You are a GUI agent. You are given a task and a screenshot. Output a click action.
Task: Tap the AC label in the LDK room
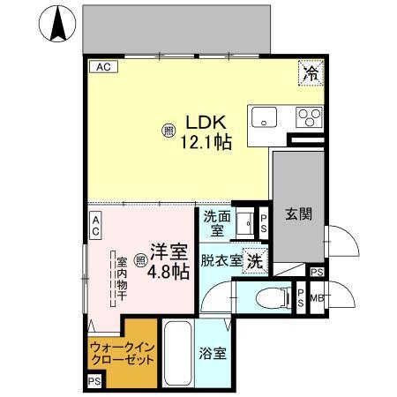tap(101, 67)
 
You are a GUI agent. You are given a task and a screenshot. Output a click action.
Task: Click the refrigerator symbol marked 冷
tap(311, 73)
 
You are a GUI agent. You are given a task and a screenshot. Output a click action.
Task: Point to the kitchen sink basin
tap(265, 116)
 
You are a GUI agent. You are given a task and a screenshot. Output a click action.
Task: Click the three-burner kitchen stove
tap(308, 116)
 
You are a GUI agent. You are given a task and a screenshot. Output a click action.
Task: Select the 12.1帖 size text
tap(206, 141)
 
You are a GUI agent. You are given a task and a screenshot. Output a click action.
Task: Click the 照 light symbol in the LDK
tap(168, 131)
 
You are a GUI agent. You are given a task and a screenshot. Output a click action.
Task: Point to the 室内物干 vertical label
tap(121, 279)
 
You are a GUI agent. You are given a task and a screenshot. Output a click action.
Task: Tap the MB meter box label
tap(316, 298)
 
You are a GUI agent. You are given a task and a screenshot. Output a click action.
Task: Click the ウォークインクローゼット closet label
tap(122, 354)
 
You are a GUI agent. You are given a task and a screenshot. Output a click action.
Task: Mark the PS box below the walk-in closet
tap(94, 381)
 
